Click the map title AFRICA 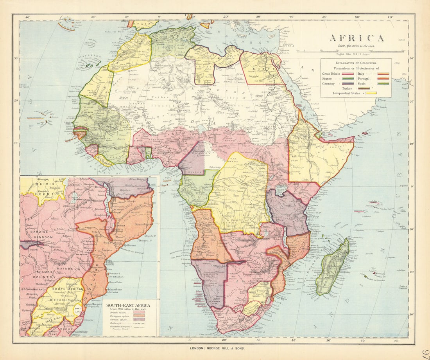click(x=357, y=38)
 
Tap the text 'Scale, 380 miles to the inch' click(x=357, y=46)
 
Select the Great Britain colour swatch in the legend click(x=348, y=74)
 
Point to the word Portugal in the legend click(x=363, y=78)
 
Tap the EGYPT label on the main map click(x=261, y=66)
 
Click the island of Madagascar click(x=332, y=268)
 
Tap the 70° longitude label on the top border click(x=390, y=17)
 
